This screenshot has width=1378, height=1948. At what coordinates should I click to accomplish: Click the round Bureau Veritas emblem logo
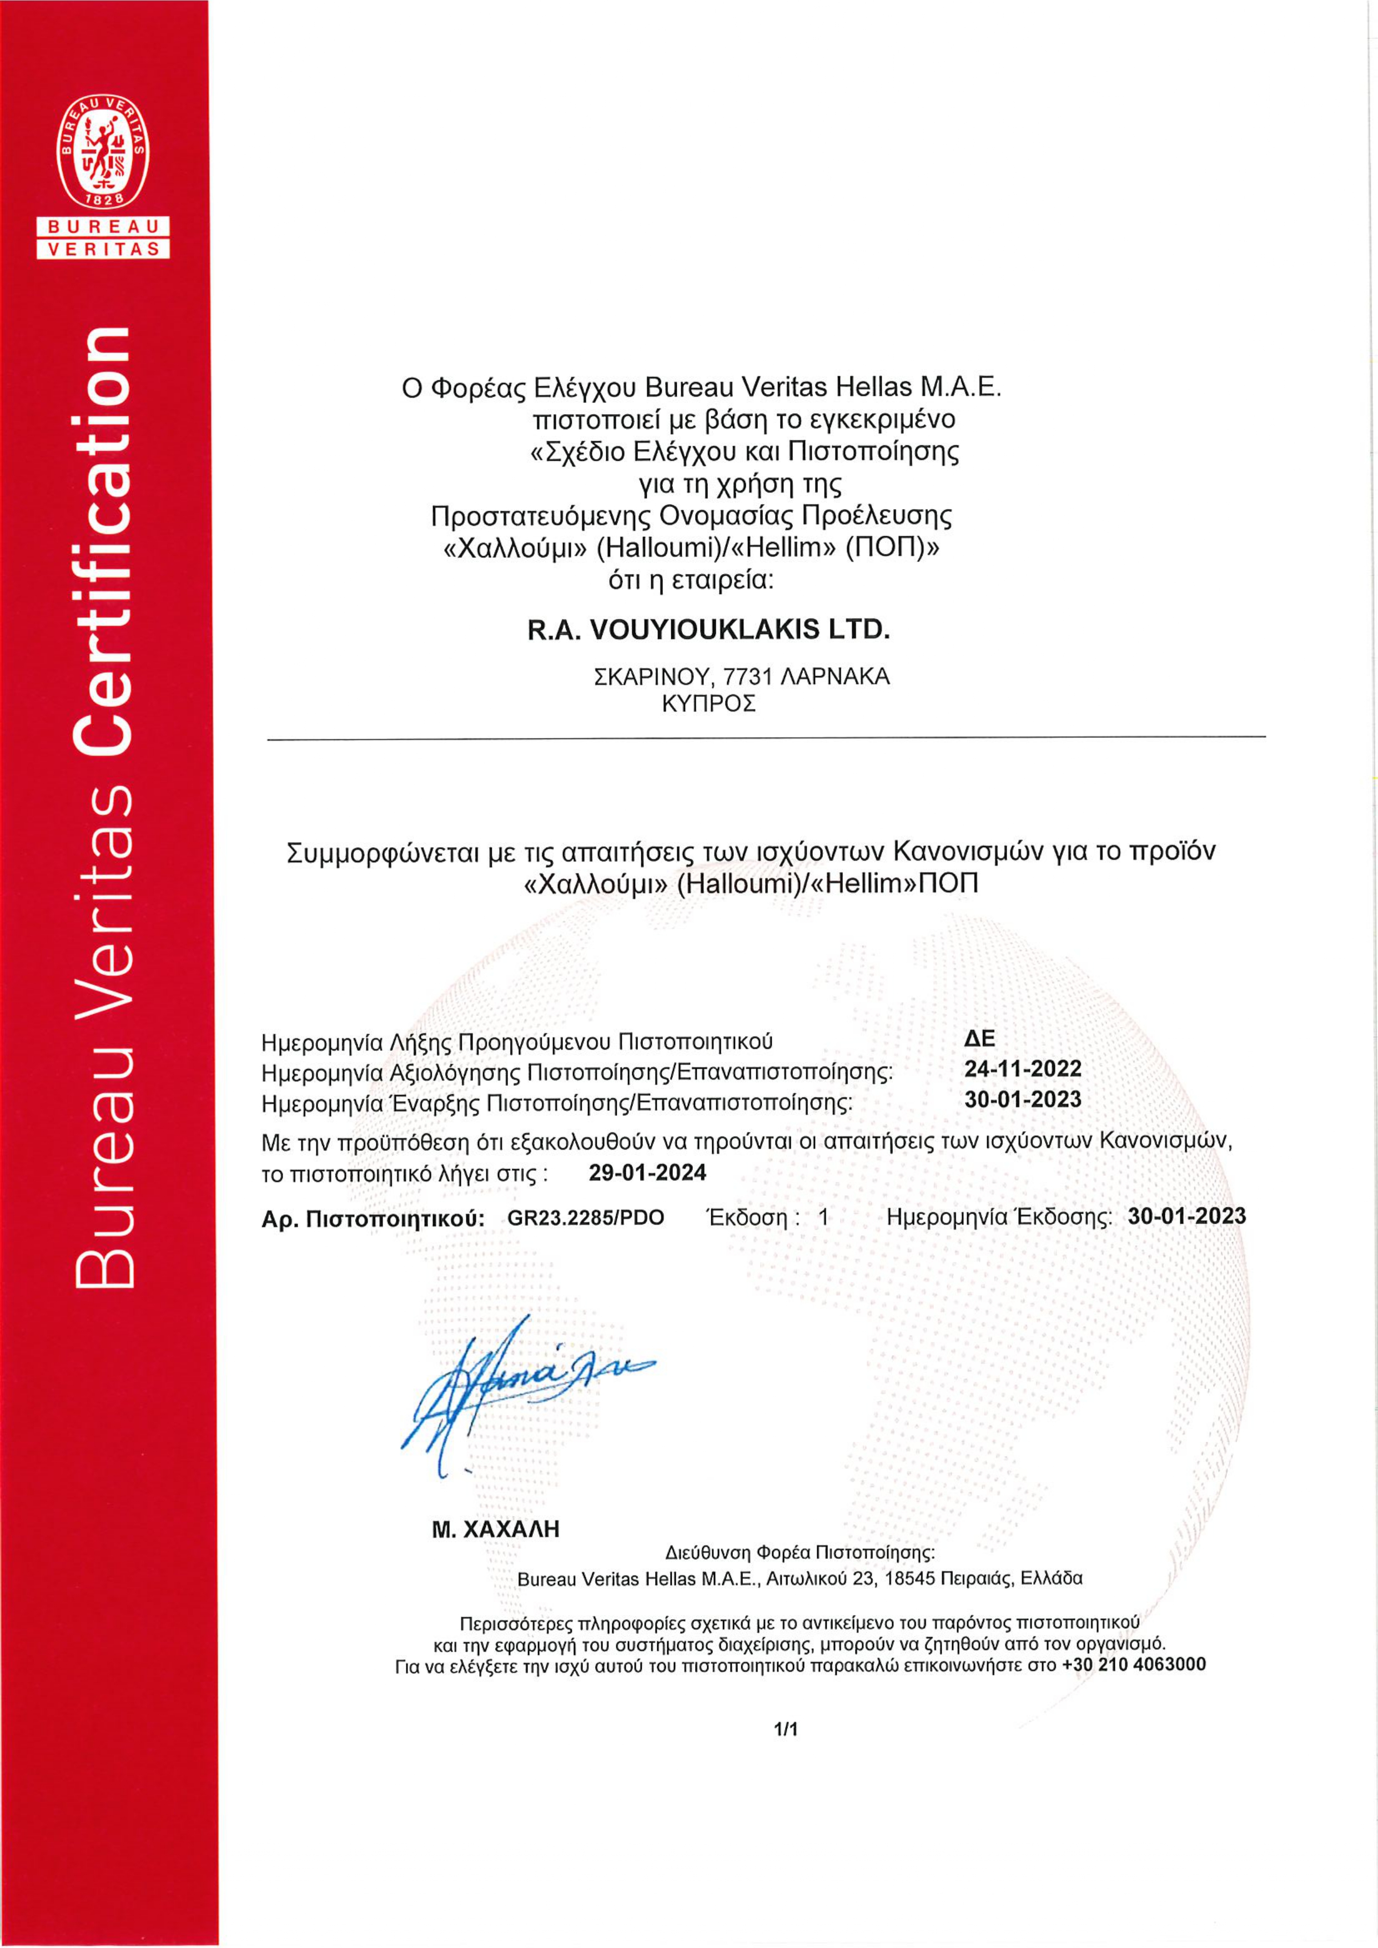(103, 153)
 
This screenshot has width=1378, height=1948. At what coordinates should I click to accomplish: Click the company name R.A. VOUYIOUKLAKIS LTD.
(708, 630)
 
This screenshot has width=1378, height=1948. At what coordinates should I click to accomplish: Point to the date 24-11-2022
(1023, 1068)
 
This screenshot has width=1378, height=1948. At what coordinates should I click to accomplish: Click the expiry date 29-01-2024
(647, 1172)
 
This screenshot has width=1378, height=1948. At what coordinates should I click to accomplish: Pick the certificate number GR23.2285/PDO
(586, 1217)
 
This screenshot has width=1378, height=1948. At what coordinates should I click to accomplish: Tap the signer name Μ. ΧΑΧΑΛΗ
(496, 1530)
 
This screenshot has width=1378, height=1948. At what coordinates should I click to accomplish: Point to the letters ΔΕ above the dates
(979, 1039)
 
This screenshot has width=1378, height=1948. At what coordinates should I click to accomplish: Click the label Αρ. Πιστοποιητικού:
(373, 1219)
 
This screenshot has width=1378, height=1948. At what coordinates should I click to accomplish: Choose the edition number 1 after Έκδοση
(823, 1217)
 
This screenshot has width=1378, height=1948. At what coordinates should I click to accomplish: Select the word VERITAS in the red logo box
(103, 249)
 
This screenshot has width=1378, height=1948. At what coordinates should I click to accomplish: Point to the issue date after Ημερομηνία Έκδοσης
(1186, 1216)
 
